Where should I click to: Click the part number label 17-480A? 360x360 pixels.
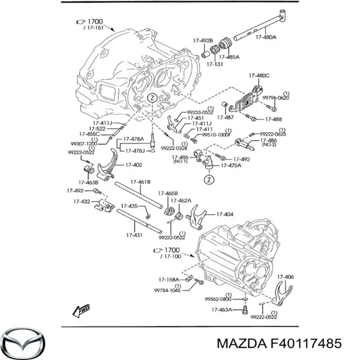pos(266,37)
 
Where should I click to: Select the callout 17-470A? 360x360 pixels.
pos(231,165)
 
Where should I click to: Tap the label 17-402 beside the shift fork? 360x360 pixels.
pos(133,165)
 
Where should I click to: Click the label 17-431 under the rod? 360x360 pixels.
pos(134,235)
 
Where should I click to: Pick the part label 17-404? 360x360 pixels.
pos(224,214)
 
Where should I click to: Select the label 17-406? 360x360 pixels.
pos(285,277)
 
